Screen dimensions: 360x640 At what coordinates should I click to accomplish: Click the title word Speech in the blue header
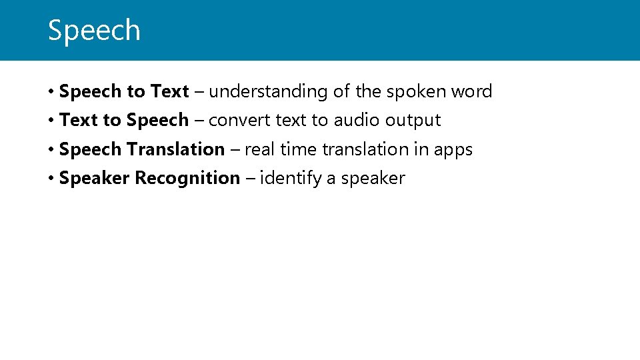pyautogui.click(x=94, y=31)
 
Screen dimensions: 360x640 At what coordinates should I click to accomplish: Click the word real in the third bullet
pyautogui.click(x=259, y=149)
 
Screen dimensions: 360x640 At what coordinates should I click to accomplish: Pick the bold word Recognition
pyautogui.click(x=187, y=179)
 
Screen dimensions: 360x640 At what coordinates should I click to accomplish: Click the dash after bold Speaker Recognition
pyautogui.click(x=249, y=179)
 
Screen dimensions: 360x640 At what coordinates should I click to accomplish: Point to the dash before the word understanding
pyautogui.click(x=199, y=92)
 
